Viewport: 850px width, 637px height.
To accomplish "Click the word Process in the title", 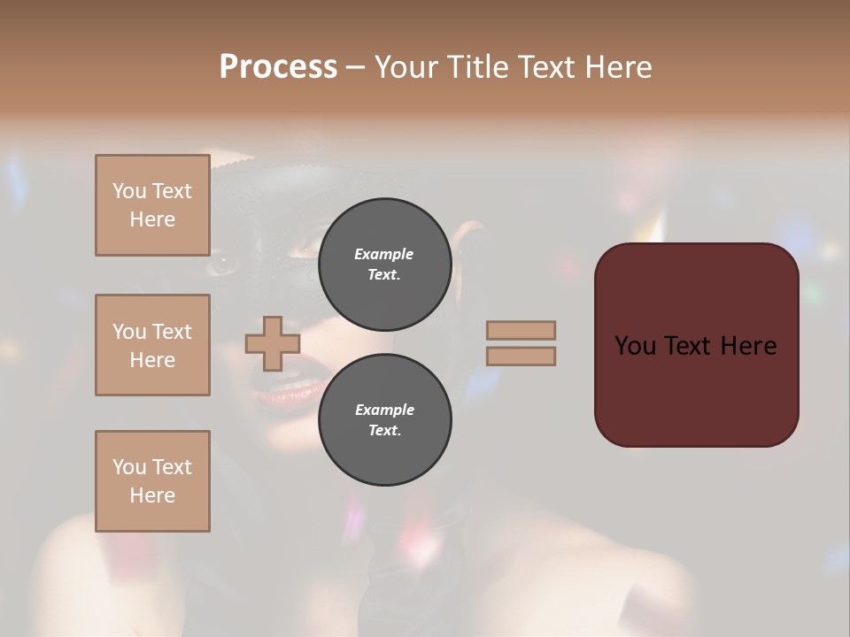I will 278,67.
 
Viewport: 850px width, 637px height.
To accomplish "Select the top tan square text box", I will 152,205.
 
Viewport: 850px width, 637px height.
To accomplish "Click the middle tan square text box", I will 152,345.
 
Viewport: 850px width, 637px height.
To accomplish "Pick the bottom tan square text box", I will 152,481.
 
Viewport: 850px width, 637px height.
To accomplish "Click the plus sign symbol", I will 272,344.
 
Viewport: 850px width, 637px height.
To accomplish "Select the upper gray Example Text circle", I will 384,265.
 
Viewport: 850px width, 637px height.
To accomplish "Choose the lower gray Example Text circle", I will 384,420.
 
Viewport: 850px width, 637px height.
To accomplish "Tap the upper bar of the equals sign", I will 521,330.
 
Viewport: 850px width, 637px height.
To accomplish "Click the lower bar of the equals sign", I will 521,356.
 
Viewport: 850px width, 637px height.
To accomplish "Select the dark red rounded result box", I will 696,345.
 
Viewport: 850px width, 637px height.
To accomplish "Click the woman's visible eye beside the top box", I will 223,264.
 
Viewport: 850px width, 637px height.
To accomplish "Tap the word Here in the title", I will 619,67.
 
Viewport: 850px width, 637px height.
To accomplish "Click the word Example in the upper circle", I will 384,254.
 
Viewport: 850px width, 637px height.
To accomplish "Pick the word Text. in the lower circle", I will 384,431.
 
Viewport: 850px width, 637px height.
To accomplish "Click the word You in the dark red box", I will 636,346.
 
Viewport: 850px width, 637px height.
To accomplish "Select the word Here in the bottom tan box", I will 152,495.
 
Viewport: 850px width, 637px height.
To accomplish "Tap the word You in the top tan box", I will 128,191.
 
